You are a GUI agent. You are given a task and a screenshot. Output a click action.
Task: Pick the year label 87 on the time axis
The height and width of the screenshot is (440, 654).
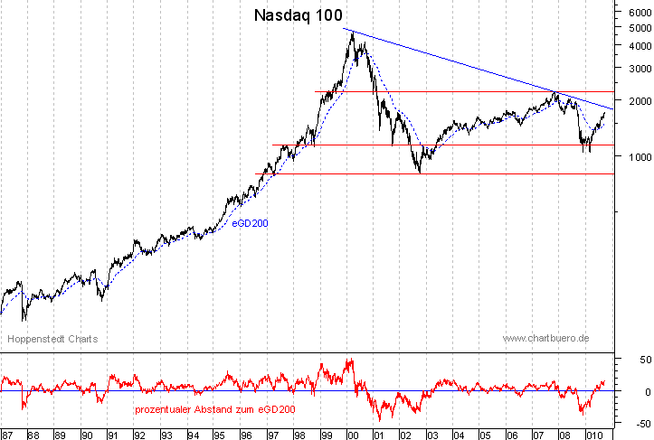[8, 433]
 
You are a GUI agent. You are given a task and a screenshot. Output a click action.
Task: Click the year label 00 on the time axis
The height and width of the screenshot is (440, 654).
[353, 433]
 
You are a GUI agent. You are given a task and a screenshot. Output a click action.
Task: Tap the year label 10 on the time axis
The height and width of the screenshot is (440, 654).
[593, 433]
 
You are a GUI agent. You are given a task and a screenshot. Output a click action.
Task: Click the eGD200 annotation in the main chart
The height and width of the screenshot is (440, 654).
[250, 222]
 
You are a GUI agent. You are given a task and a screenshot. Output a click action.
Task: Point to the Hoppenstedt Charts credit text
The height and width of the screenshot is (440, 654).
[52, 339]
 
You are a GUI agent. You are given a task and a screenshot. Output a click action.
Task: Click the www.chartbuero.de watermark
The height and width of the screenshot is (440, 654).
[545, 338]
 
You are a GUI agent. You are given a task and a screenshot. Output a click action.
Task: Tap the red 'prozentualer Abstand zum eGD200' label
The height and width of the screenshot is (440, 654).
[213, 409]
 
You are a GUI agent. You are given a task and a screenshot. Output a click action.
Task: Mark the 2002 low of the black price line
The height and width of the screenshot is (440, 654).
[420, 172]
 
